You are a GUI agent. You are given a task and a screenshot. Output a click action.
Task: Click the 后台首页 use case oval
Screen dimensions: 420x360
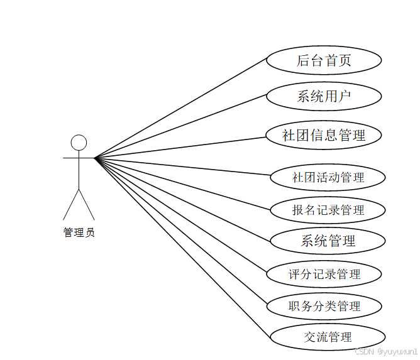pos(324,60)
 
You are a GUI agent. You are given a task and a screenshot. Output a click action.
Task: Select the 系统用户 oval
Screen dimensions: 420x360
pos(324,97)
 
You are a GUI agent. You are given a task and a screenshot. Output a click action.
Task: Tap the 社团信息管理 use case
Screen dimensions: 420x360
pos(324,135)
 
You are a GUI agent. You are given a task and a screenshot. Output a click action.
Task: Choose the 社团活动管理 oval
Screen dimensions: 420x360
pos(328,177)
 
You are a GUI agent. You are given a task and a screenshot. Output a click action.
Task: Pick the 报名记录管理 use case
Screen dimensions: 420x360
pos(328,210)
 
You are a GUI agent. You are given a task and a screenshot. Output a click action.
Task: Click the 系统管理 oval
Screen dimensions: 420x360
pos(328,241)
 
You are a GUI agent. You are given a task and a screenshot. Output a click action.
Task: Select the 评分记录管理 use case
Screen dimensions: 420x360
pos(324,274)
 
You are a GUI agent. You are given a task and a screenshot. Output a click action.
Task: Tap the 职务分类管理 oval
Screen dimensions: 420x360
pos(324,307)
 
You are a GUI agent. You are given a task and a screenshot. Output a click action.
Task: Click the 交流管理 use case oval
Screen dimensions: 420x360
pos(328,337)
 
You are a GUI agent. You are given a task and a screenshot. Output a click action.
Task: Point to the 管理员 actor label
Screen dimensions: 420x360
pos(79,232)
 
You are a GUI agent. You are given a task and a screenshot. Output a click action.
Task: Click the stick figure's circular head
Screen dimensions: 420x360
pos(79,143)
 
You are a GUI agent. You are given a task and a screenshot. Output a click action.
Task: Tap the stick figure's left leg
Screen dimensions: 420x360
pos(70,204)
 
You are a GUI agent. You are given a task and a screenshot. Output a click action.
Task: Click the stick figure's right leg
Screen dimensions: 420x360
pos(87,204)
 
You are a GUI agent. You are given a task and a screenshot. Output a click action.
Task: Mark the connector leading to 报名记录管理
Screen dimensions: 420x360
pos(182,183)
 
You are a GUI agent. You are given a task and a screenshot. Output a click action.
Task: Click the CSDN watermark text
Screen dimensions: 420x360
pos(385,352)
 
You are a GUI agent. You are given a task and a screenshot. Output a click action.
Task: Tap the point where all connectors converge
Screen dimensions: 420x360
pos(95,158)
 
